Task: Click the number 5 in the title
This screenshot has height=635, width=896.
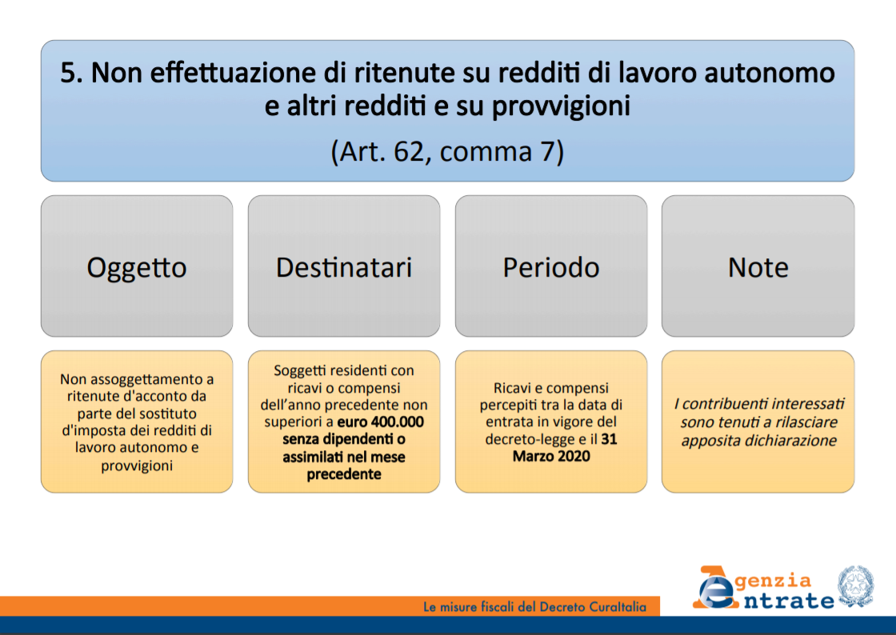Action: (68, 73)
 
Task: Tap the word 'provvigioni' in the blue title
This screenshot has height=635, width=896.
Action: (561, 107)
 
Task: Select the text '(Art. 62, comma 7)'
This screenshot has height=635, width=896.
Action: (447, 152)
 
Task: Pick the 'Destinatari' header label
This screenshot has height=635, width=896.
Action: (344, 267)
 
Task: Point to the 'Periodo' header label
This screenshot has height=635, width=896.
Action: (551, 267)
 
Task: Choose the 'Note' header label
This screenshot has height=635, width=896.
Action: (758, 267)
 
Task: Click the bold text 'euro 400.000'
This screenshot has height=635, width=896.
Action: (381, 422)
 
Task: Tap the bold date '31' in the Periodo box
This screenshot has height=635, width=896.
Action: (609, 438)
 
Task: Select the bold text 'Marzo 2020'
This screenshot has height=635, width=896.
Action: (551, 456)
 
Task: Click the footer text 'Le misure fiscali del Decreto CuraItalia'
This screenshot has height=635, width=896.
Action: (535, 606)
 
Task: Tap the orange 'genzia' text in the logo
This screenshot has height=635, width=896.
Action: (773, 581)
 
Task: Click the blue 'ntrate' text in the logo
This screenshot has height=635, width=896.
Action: (789, 601)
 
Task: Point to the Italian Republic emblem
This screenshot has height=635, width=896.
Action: (855, 586)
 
